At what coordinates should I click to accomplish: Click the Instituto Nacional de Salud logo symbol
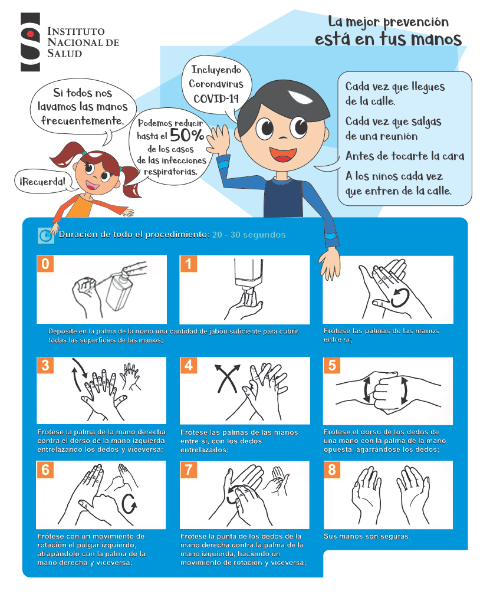30,42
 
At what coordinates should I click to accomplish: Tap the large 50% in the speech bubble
187,135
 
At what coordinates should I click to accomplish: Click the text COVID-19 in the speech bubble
216,99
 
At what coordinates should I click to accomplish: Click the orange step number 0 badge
45,264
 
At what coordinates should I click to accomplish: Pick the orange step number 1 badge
188,264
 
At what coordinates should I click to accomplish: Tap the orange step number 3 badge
45,365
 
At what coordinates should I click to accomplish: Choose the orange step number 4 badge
188,365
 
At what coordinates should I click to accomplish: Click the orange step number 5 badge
331,365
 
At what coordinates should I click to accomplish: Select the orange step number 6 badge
45,470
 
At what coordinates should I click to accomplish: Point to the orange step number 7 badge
188,470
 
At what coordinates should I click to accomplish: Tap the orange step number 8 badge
331,470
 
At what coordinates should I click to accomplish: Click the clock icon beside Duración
46,235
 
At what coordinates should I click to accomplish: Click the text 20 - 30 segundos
249,235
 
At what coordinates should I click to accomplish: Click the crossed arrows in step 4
227,378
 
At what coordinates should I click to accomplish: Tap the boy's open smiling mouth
283,155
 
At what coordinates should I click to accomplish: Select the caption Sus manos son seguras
367,536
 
